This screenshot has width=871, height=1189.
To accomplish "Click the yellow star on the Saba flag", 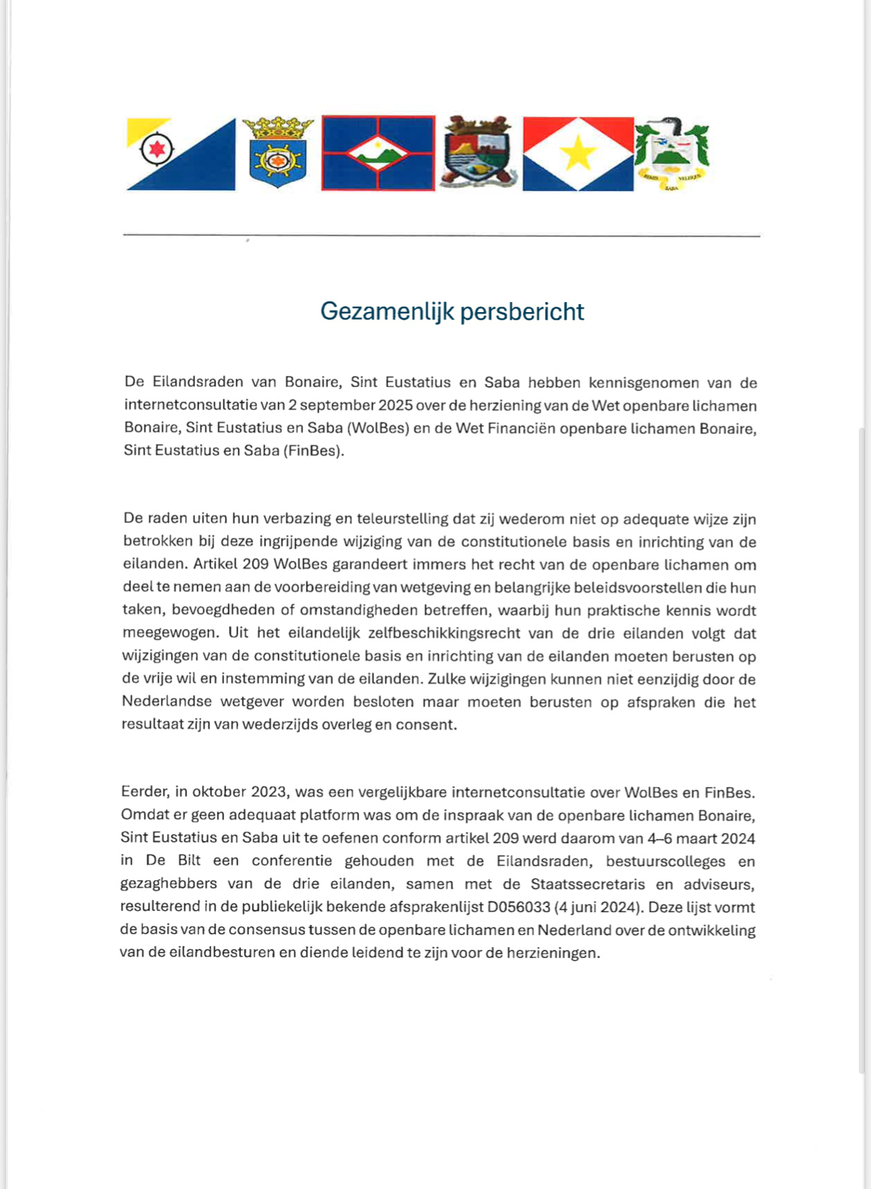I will (x=578, y=155).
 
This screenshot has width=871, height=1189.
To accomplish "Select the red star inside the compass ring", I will (x=157, y=149).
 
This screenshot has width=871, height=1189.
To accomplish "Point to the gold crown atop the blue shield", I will (x=278, y=126).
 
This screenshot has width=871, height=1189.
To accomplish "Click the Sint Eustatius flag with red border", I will (x=377, y=153).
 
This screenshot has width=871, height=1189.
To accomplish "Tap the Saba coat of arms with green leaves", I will (x=671, y=154).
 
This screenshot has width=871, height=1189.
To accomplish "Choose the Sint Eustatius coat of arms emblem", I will (x=479, y=152).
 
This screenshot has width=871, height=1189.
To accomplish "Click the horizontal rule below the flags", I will (x=442, y=236).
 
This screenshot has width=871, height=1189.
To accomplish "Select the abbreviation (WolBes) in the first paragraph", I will (x=378, y=428).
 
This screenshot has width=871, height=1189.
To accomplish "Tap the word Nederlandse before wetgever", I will (x=167, y=702).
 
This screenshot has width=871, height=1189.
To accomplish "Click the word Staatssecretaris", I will (x=587, y=884).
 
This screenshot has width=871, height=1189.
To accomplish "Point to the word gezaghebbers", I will (x=159, y=884).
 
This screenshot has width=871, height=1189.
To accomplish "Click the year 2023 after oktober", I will (x=269, y=792).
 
